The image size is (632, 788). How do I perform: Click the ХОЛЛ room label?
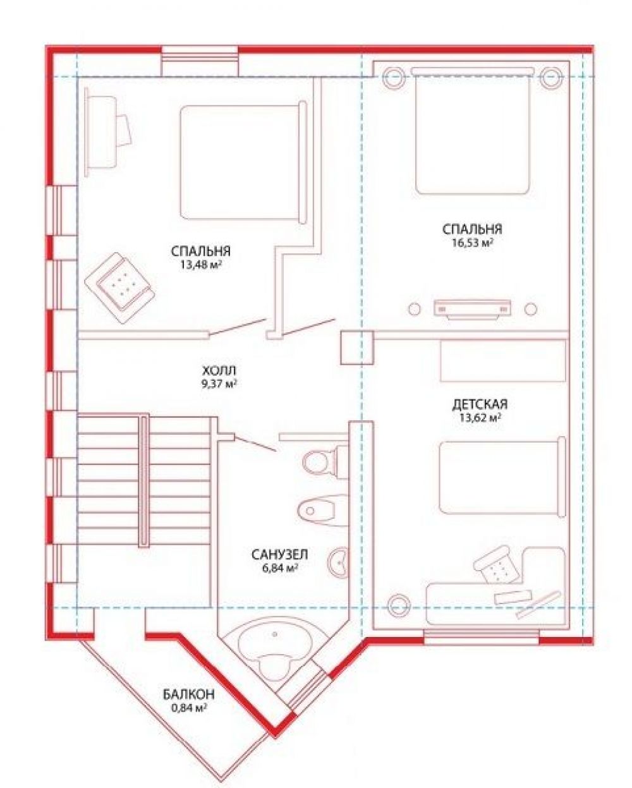219,370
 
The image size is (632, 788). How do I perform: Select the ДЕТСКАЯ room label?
480,404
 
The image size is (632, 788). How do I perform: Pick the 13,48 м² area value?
201,265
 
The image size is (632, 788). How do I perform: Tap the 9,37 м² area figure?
219,384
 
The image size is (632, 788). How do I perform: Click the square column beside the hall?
357,348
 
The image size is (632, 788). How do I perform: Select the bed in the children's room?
502,477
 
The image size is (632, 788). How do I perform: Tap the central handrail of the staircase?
143,480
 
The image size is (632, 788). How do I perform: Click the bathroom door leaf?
255,444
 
